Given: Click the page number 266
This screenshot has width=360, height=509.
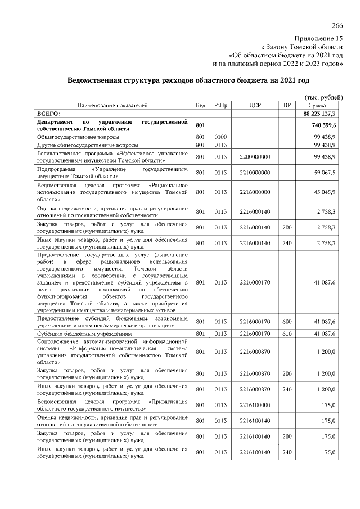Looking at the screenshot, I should coord(337,26).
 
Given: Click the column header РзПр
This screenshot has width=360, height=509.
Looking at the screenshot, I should coord(220,105).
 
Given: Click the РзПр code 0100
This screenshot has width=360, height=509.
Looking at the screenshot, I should coord(220,137).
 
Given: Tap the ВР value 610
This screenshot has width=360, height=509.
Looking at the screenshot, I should coord(287,334).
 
